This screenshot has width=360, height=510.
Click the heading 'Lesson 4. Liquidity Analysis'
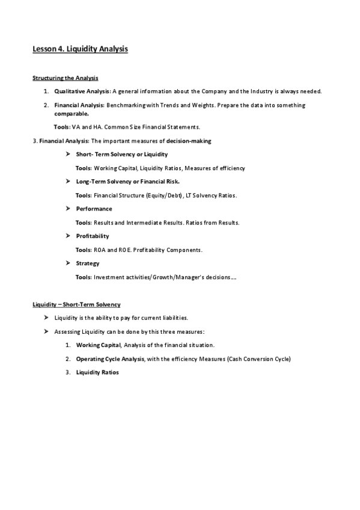pyautogui.click(x=80, y=49)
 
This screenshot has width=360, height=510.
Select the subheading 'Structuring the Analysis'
pyautogui.click(x=65, y=78)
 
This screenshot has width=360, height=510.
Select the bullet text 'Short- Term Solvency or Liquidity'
pyautogui.click(x=113, y=155)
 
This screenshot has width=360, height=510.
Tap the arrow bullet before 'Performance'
pyautogui.click(x=69, y=209)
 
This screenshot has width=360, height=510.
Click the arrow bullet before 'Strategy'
pyautogui.click(x=69, y=263)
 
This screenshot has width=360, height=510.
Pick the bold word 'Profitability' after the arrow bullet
pyautogui.click(x=93, y=236)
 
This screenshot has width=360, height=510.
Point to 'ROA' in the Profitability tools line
pyautogui.click(x=100, y=250)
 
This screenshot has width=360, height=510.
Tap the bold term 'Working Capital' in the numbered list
pyautogui.click(x=98, y=345)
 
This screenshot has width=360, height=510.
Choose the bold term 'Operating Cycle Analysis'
pyautogui.click(x=110, y=359)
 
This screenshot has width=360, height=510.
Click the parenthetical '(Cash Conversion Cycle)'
pyautogui.click(x=259, y=359)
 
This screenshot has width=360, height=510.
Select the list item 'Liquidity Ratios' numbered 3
pyautogui.click(x=97, y=372)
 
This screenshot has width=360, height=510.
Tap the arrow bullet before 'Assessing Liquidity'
pyautogui.click(x=47, y=331)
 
